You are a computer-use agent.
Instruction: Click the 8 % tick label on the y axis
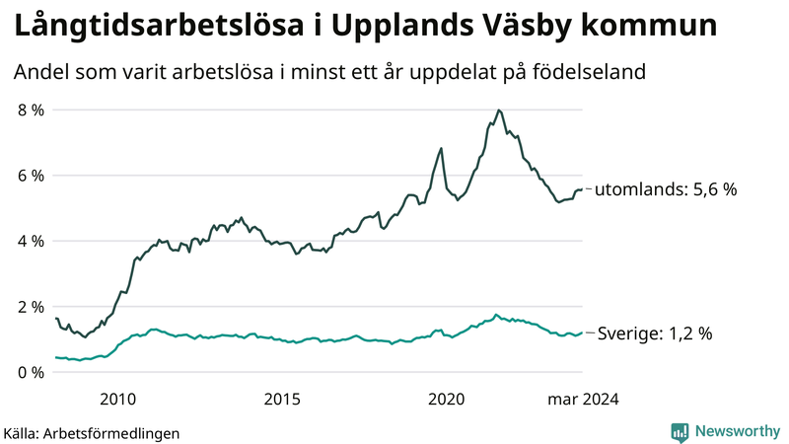click(x=31, y=110)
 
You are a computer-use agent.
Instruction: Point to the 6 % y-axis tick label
click(x=31, y=176)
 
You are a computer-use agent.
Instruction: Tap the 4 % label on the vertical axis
click(x=31, y=241)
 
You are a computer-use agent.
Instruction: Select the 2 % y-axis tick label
click(x=31, y=307)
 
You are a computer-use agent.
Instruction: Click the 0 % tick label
click(x=31, y=372)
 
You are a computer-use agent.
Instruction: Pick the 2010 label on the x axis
click(x=117, y=399)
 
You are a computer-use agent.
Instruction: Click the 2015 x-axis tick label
click(x=282, y=399)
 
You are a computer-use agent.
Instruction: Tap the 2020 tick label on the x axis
click(x=447, y=399)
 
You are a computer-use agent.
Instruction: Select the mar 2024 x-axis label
click(x=583, y=399)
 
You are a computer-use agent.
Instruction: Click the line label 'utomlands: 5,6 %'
click(x=666, y=189)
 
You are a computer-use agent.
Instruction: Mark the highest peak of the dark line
click(x=499, y=110)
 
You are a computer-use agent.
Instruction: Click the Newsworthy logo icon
click(x=680, y=431)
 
